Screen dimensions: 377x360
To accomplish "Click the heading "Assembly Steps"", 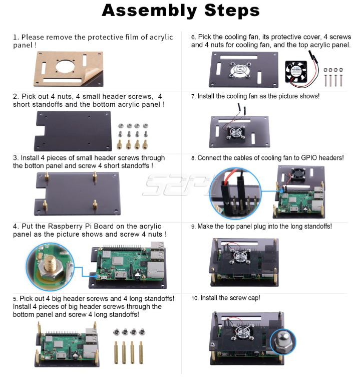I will [x=181, y=11].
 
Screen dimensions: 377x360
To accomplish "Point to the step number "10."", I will [x=195, y=298].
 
